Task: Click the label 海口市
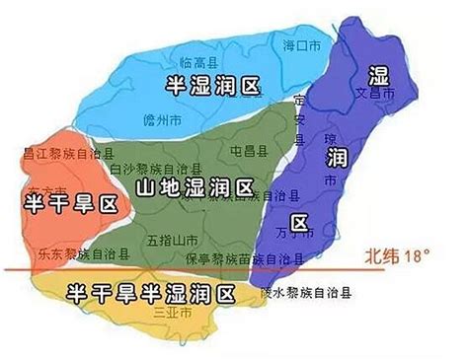point(303,46)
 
